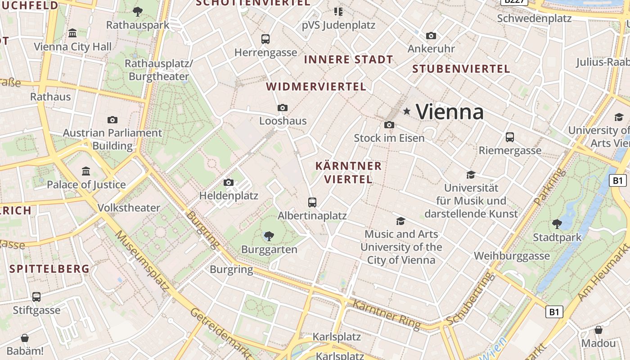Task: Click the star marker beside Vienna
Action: click(407, 111)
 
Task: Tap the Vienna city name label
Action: click(450, 112)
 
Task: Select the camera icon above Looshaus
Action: click(283, 108)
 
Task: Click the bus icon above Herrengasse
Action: click(265, 39)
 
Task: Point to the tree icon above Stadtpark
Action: click(557, 224)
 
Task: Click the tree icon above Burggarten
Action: click(269, 235)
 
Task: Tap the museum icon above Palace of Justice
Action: click(86, 171)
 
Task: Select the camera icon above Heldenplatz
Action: click(229, 182)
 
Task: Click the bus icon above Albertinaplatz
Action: click(312, 202)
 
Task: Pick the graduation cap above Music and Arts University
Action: click(400, 220)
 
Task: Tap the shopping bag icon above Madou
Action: click(598, 330)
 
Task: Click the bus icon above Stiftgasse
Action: click(36, 297)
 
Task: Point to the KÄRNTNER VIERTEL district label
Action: click(348, 172)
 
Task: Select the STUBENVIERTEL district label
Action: click(461, 69)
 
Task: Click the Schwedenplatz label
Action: click(534, 18)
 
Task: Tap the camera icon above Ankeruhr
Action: click(431, 36)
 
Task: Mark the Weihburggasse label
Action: click(512, 256)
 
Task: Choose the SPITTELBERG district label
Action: click(49, 269)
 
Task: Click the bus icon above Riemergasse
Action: click(510, 137)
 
